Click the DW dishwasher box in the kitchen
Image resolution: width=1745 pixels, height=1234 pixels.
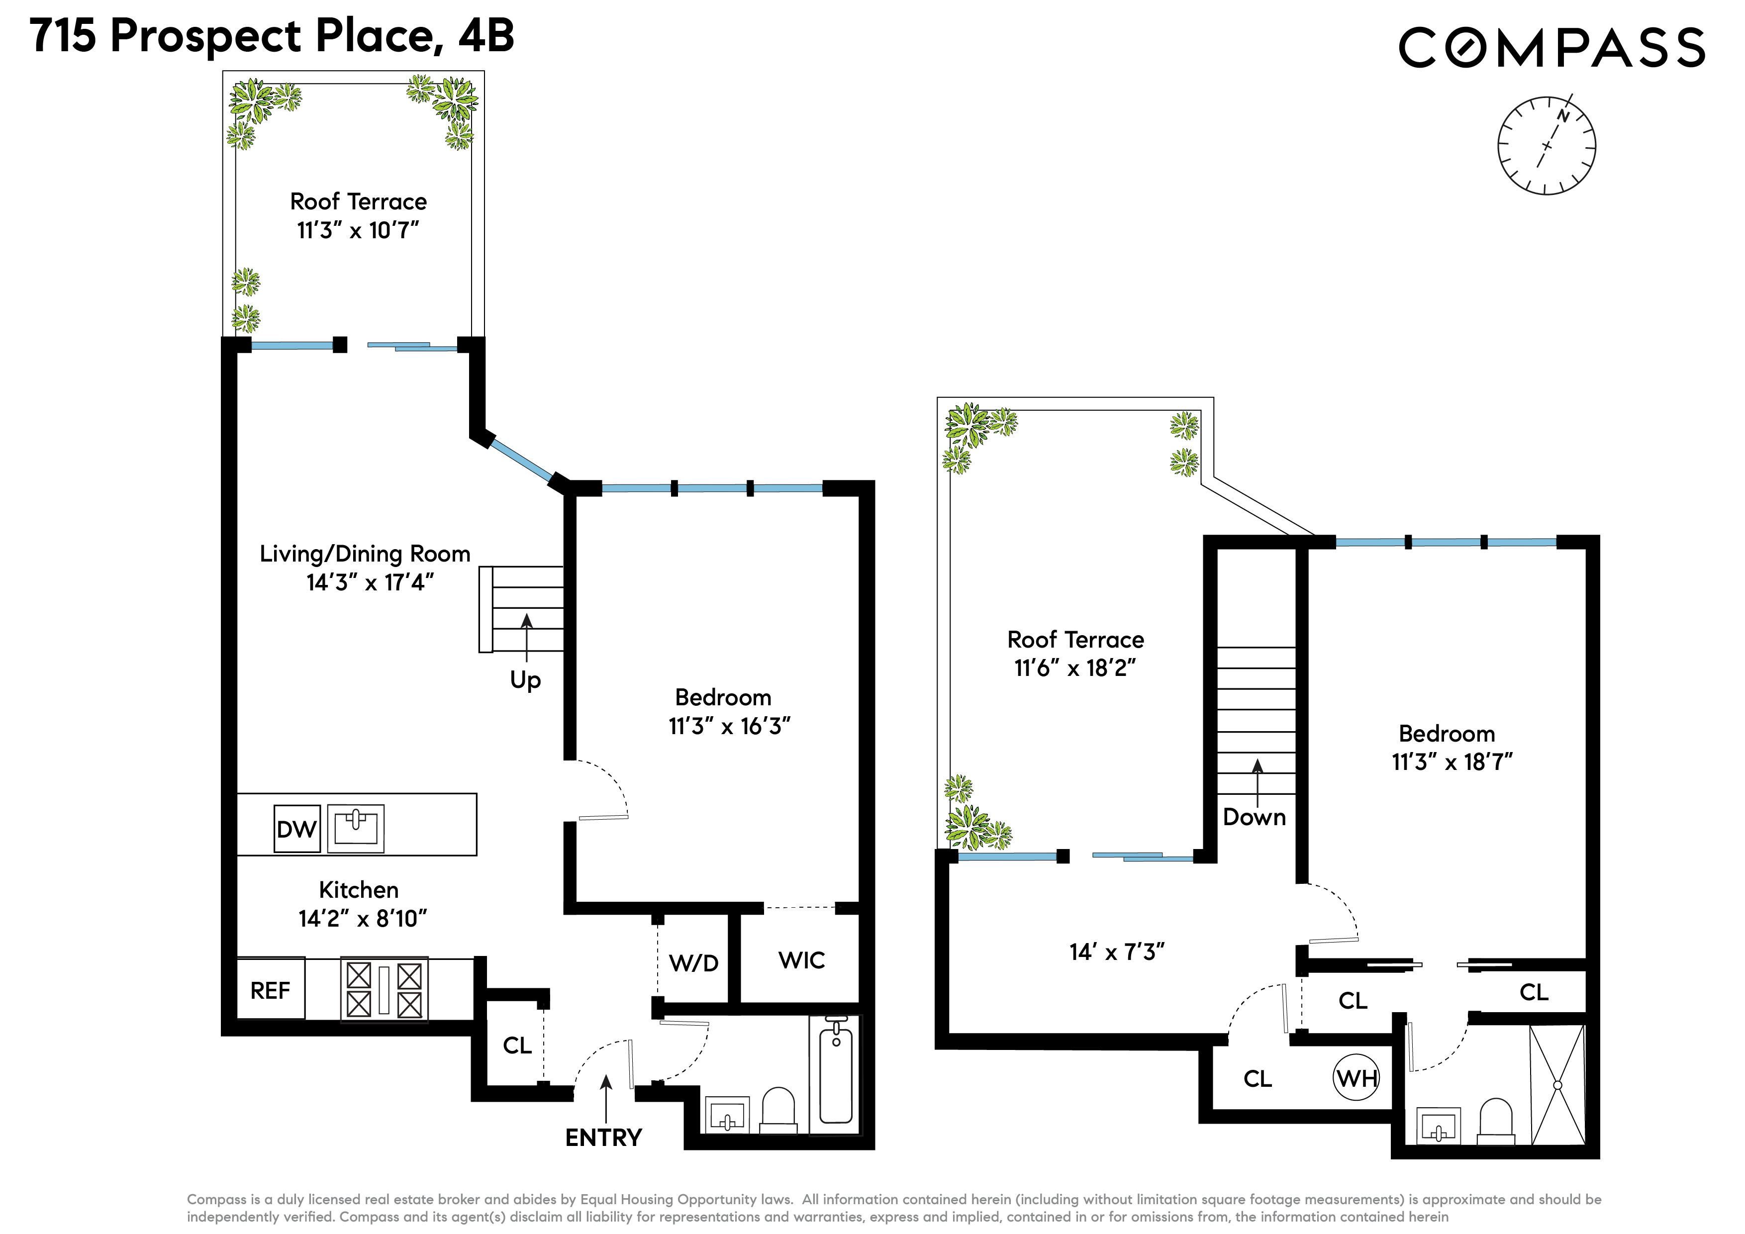click(x=296, y=828)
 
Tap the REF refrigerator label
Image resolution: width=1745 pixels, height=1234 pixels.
click(x=270, y=990)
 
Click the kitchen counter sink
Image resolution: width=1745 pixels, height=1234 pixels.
click(x=356, y=828)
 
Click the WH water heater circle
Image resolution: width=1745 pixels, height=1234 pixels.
click(x=1357, y=1077)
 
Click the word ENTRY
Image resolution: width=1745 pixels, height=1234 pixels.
click(x=603, y=1138)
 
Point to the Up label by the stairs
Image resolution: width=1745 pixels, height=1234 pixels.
click(x=525, y=679)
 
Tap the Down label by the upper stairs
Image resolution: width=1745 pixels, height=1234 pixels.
click(x=1254, y=817)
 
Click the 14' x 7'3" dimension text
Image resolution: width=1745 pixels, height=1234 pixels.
click(x=1116, y=952)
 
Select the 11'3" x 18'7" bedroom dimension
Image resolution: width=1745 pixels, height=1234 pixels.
click(x=1452, y=762)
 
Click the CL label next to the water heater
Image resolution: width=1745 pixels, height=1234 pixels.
click(x=1258, y=1079)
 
